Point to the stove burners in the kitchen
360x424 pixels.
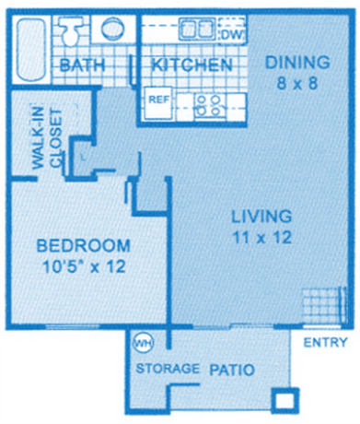[207, 102]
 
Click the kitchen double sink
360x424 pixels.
[194, 28]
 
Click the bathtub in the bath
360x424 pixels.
[27, 46]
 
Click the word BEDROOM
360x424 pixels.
[82, 247]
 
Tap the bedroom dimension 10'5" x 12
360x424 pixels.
[82, 267]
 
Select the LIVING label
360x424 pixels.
[261, 217]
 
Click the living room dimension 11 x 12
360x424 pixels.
[261, 237]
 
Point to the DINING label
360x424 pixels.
[296, 63]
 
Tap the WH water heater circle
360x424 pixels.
[142, 342]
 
